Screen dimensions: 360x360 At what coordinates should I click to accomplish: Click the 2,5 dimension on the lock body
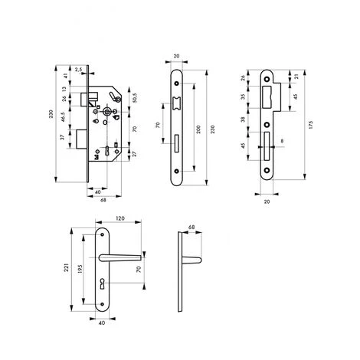(x=80, y=70)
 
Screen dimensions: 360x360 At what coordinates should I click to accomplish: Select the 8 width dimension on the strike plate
(x=282, y=141)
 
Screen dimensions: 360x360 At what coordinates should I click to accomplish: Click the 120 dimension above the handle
(x=120, y=218)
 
